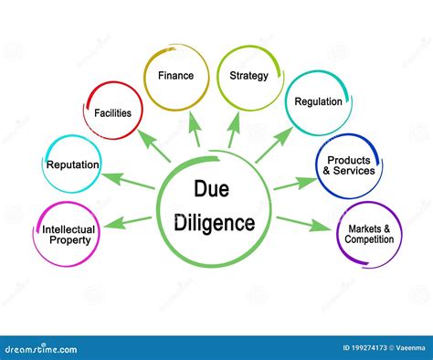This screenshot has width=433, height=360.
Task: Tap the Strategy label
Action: [248, 76]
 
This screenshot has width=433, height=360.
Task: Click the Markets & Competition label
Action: [369, 234]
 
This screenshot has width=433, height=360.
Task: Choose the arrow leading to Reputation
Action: [127, 179]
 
